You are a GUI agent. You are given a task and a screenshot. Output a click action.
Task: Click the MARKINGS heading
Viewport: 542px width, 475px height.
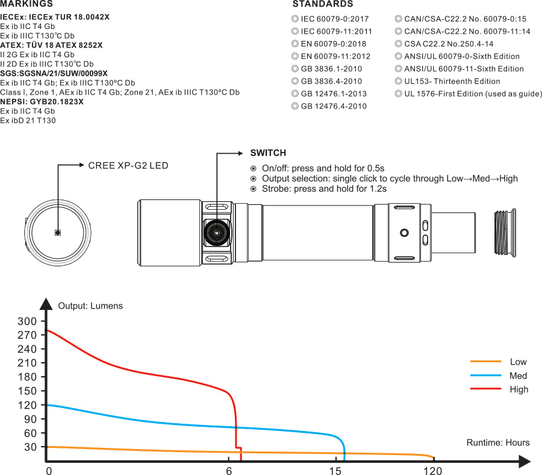[26, 4]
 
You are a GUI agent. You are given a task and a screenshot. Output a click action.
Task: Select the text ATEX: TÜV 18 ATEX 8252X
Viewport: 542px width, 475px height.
[51, 45]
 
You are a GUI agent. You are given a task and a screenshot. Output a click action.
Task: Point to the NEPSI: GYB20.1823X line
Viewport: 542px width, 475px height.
[42, 102]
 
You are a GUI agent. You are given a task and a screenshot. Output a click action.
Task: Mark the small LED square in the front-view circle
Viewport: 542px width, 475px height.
[58, 232]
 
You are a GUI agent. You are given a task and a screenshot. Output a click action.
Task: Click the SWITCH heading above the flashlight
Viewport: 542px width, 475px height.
[268, 153]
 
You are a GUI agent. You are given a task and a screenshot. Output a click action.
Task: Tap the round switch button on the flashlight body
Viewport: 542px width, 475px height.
[216, 232]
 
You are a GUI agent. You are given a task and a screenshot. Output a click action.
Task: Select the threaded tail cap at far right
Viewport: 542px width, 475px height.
[504, 231]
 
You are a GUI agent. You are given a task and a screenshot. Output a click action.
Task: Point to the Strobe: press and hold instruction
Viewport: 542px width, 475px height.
[323, 189]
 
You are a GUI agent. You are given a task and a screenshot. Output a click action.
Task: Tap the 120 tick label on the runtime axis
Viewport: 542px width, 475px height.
[433, 471]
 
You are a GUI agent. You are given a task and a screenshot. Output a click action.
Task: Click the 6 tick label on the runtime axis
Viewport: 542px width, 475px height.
[229, 471]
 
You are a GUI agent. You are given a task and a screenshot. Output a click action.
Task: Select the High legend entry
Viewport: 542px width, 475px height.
[518, 389]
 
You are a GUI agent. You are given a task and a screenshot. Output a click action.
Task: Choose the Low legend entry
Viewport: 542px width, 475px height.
[518, 362]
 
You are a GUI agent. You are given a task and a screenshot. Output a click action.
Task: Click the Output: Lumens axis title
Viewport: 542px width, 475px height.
[90, 306]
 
